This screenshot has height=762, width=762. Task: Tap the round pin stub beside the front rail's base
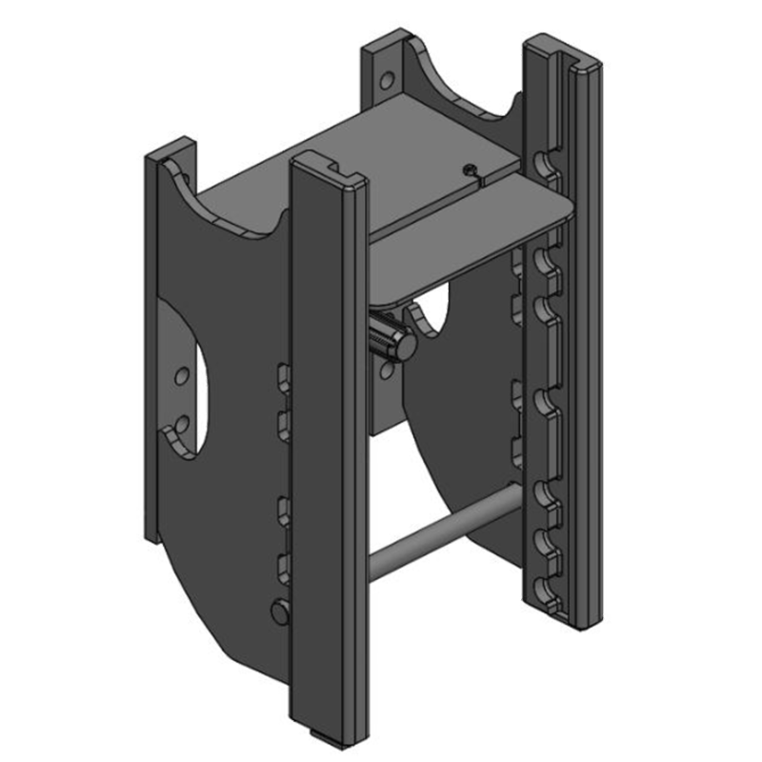pyautogui.click(x=278, y=611)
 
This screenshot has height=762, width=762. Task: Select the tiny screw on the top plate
pyautogui.click(x=470, y=170)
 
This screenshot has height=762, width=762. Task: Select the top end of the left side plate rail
pyautogui.click(x=170, y=152)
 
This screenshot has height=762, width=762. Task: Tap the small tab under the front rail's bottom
pyautogui.click(x=318, y=732)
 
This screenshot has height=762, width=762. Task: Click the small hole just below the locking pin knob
pyautogui.click(x=385, y=371)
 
